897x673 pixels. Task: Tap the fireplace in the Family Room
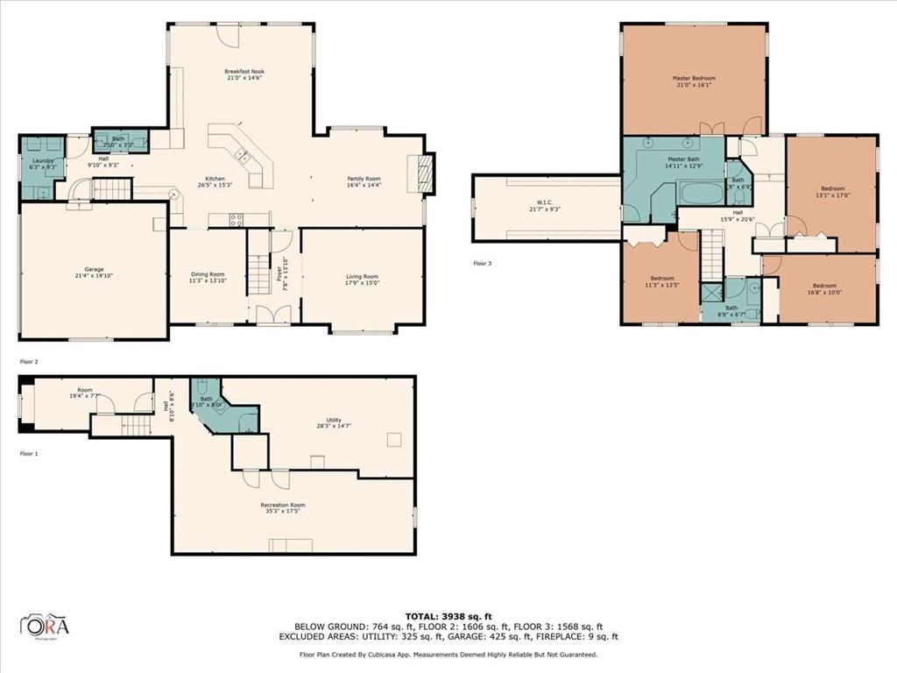426,173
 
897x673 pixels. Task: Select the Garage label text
94,269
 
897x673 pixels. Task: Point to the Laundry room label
43,160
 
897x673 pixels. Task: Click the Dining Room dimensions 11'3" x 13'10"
208,283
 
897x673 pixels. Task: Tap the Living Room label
362,277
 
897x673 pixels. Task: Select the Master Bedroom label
694,78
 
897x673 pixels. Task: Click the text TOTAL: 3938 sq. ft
448,615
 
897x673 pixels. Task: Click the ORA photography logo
45,626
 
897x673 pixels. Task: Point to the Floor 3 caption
483,263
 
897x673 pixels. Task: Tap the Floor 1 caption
30,453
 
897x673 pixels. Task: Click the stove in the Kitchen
237,220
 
